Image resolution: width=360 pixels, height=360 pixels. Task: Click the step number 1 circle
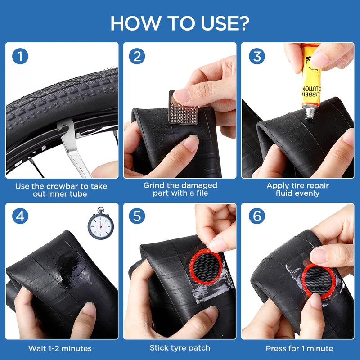[20, 56]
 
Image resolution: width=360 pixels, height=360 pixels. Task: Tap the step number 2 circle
[137, 56]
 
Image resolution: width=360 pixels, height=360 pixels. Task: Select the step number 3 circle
[257, 56]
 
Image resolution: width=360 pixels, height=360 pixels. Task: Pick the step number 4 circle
[20, 216]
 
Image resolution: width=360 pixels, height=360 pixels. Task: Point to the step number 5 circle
[137, 216]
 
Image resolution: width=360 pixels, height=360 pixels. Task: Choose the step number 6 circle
[257, 216]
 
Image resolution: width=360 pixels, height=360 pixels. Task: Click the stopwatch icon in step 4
[101, 224]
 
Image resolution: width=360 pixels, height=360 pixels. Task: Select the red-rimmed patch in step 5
[206, 266]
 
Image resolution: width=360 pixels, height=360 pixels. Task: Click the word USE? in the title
[225, 23]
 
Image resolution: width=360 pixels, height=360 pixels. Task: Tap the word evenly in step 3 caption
[297, 193]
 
